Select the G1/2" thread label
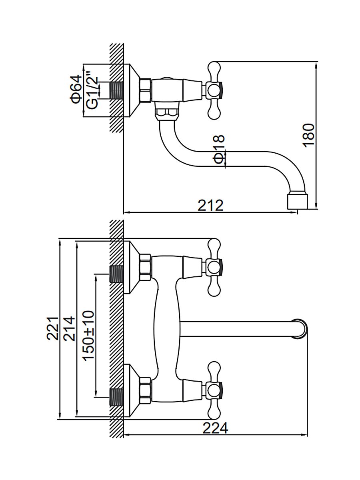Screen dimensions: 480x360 [92, 90]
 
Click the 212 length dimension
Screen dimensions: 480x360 [210, 206]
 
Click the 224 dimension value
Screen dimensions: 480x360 [216, 428]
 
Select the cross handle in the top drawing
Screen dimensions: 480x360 [214, 90]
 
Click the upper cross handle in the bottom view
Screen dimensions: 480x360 [214, 267]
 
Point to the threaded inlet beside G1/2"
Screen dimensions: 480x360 [116, 90]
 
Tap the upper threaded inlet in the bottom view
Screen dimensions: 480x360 [116, 274]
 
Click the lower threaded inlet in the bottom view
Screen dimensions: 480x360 [116, 396]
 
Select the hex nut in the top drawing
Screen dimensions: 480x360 [145, 90]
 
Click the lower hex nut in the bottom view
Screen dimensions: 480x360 [145, 390]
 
